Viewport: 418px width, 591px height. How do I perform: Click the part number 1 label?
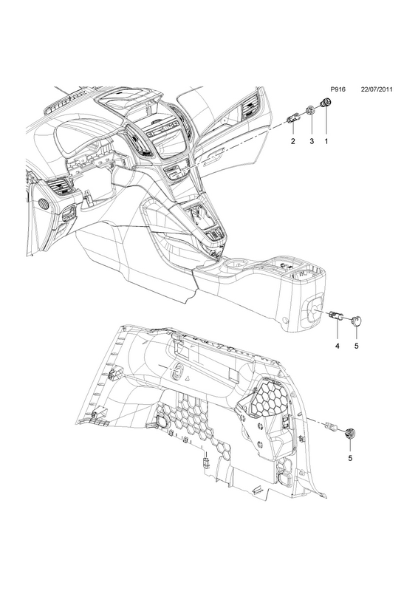[326, 141]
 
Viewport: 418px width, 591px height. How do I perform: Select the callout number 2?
[293, 141]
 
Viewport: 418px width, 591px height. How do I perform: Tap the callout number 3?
[312, 141]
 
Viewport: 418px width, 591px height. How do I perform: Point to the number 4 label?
[338, 346]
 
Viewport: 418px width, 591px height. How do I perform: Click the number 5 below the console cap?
[356, 346]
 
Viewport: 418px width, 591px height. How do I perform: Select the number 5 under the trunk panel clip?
[350, 458]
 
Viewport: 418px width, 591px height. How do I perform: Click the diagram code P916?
[338, 89]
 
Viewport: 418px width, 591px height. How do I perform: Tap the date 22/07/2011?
[377, 89]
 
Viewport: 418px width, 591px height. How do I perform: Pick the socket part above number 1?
[325, 103]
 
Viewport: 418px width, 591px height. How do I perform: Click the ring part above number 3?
[311, 110]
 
